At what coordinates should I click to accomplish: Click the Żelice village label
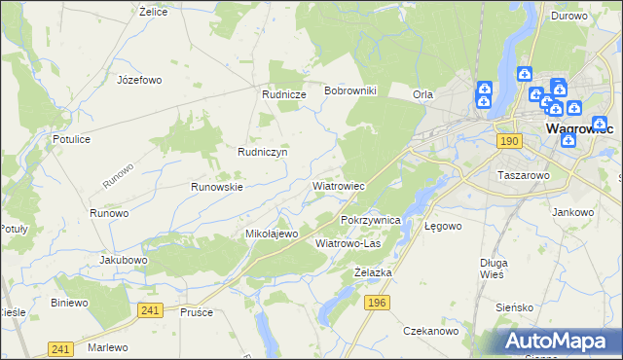coord(154,12)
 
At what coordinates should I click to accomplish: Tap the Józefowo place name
coord(138,80)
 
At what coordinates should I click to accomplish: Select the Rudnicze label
coord(284,94)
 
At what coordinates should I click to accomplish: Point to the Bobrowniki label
coord(356,90)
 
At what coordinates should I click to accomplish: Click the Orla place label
coord(422,94)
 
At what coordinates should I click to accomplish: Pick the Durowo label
coord(568,16)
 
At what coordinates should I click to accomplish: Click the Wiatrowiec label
coord(338,185)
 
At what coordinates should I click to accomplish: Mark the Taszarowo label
coord(524,176)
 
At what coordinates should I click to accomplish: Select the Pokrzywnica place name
coord(371,221)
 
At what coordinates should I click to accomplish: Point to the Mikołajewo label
coord(271,234)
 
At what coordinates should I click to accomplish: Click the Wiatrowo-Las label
coord(348,243)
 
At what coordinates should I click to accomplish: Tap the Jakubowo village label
coord(124,261)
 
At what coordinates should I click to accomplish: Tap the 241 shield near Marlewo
coord(60,349)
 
